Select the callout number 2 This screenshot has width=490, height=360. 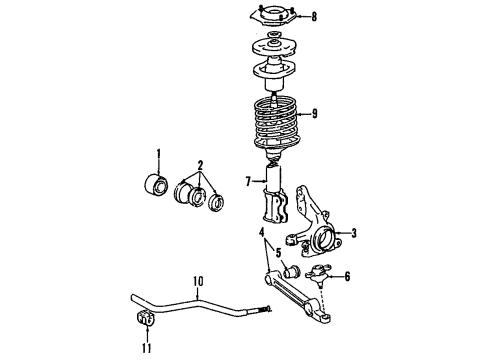pyautogui.click(x=200, y=166)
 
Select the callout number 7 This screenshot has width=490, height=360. pyautogui.click(x=247, y=182)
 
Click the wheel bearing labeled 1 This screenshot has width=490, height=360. pyautogui.click(x=157, y=187)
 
